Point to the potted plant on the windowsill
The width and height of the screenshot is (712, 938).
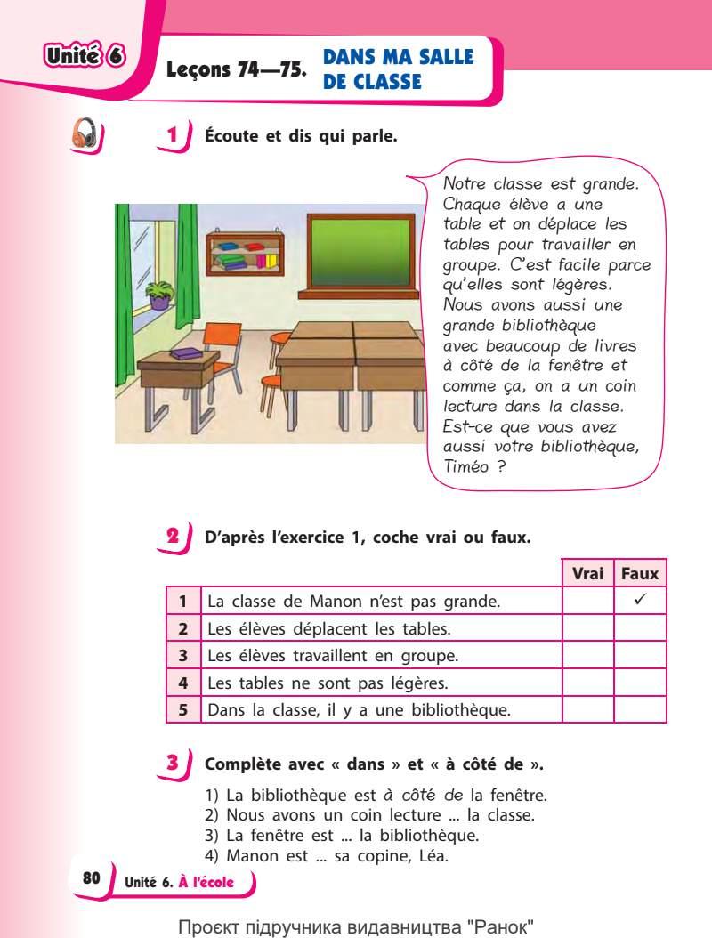[x=160, y=295]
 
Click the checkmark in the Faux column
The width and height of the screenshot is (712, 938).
[x=640, y=601]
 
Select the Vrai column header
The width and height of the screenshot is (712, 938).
[x=588, y=575]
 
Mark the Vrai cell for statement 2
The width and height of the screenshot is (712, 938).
[x=588, y=629]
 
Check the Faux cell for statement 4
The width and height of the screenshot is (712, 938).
[x=640, y=683]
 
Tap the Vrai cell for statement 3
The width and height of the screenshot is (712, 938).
[x=588, y=657]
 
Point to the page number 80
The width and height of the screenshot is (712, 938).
[x=92, y=877]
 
